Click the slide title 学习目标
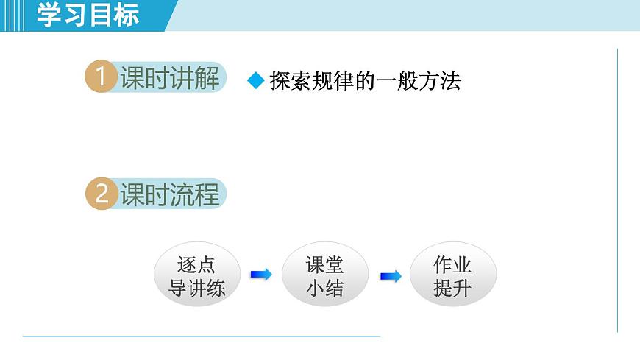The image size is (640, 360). point(88,15)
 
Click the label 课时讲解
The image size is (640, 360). point(170,77)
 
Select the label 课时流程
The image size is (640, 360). point(170,194)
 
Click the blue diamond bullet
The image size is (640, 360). point(255,81)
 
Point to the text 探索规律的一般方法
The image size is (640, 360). point(365,81)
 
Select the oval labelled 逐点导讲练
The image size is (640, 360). point(196,275)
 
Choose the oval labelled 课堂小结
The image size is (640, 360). point(324,275)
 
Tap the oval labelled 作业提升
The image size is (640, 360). point(452,275)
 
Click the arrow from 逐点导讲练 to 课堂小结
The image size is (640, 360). point(260,275)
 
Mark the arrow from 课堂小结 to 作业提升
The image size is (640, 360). point(390,275)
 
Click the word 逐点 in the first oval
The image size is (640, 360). point(196,264)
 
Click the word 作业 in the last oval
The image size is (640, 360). point(452,264)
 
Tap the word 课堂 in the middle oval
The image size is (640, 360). point(324,264)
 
